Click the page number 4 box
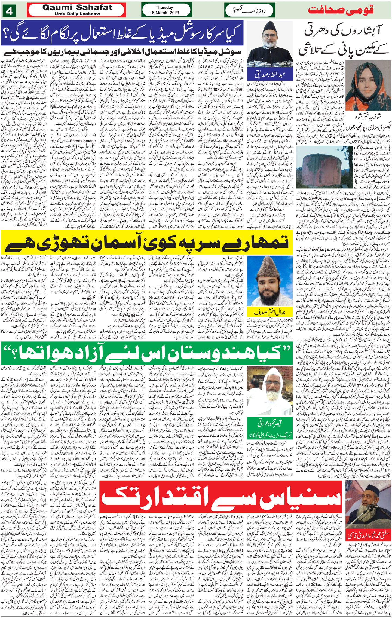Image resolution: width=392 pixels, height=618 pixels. point(10,11)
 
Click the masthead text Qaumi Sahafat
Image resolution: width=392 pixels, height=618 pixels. point(77,8)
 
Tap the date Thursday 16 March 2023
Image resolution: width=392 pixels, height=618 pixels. point(164,10)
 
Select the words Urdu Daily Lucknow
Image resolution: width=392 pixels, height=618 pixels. point(77,14)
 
